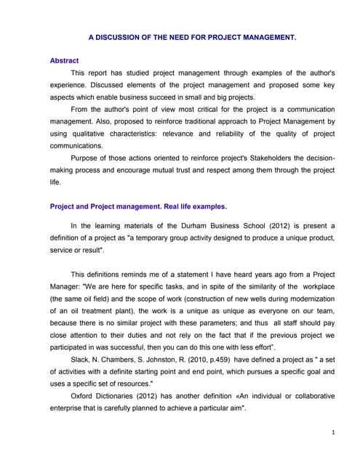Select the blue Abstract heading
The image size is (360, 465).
coord(64,61)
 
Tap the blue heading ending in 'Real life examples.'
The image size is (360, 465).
coord(138,206)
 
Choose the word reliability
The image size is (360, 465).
coord(230,134)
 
